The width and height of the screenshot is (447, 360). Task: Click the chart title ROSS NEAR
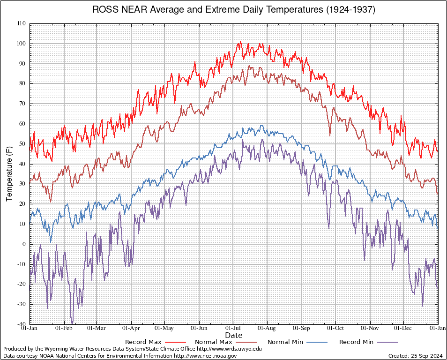[120, 10]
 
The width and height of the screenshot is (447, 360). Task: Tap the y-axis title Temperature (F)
[9, 174]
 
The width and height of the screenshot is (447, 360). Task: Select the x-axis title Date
[233, 335]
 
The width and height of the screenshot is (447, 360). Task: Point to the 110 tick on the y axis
[22, 24]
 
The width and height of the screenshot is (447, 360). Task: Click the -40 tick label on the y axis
[22, 324]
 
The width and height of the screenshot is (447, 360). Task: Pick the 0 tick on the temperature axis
[24, 244]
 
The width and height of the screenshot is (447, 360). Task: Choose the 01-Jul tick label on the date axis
[233, 328]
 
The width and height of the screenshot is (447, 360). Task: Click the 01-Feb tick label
[64, 328]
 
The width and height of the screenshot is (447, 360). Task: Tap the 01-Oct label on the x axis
[335, 328]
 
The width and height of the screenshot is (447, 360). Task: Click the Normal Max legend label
[214, 342]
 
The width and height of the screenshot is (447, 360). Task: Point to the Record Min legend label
[357, 342]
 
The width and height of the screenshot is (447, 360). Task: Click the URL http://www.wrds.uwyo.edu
[229, 349]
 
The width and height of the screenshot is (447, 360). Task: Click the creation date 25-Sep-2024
[427, 356]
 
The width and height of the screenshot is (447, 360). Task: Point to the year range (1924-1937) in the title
[350, 10]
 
